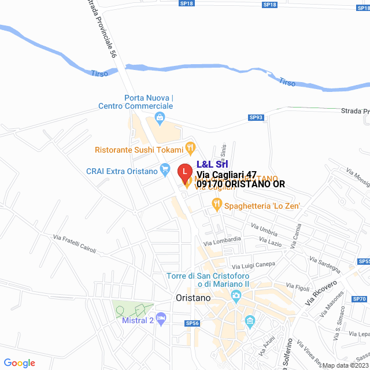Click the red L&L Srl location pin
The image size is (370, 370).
[184, 172]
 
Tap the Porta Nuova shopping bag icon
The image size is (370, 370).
[160, 120]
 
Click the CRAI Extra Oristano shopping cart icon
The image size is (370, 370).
[166, 170]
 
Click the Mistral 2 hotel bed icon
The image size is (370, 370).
[161, 317]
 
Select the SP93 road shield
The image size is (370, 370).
[256, 117]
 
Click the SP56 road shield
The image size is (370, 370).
[192, 324]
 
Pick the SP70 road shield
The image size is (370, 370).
[359, 299]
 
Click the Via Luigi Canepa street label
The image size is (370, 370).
[254, 264]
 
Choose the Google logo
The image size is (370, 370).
[19, 362]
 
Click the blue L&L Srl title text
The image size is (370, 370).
[212, 164]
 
